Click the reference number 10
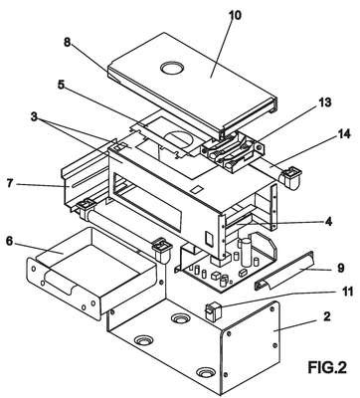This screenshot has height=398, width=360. [x=235, y=15]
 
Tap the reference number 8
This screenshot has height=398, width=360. [x=68, y=43]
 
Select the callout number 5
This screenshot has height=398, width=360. [x=61, y=85]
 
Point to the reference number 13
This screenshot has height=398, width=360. [x=325, y=101]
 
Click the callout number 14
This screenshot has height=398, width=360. [x=344, y=134]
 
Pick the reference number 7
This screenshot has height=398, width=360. [x=10, y=183]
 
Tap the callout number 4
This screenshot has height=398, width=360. [x=328, y=221]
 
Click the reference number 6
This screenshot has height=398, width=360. [x=10, y=241]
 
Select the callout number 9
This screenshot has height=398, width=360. [x=340, y=268]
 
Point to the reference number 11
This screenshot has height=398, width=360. [x=348, y=292]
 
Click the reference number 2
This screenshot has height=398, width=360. [x=327, y=316]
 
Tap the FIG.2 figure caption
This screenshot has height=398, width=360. [x=327, y=367]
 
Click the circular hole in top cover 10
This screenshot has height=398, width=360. [x=172, y=68]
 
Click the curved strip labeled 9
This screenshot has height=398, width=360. [x=283, y=271]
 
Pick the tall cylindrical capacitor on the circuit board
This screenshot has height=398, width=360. [x=246, y=252]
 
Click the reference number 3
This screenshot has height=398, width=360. [x=34, y=116]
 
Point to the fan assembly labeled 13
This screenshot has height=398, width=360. [x=233, y=150]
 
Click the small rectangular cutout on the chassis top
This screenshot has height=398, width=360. [x=198, y=189]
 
